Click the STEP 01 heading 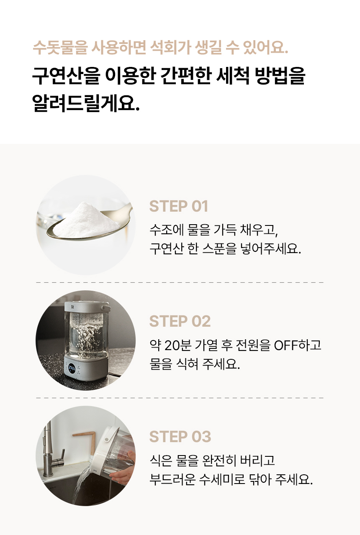point(179,206)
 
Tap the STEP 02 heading point(180,321)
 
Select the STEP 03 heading point(180,437)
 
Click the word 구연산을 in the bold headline point(66,76)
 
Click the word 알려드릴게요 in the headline point(85,103)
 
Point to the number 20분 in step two point(178,345)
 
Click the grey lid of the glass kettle point(87,307)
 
